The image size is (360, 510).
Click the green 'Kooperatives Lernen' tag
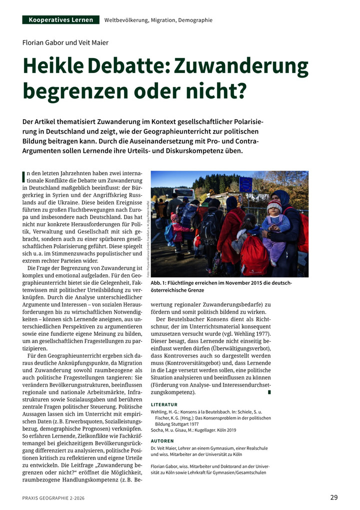click(61, 20)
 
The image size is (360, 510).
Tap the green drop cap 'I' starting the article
click(24, 177)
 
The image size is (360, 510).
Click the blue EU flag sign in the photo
click(245, 184)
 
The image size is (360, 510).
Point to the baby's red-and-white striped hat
click(274, 204)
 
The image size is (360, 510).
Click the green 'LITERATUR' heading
click(164, 404)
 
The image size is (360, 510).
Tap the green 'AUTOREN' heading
click(162, 441)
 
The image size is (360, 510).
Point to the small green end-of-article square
click(269, 392)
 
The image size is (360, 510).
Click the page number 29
click(333, 497)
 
